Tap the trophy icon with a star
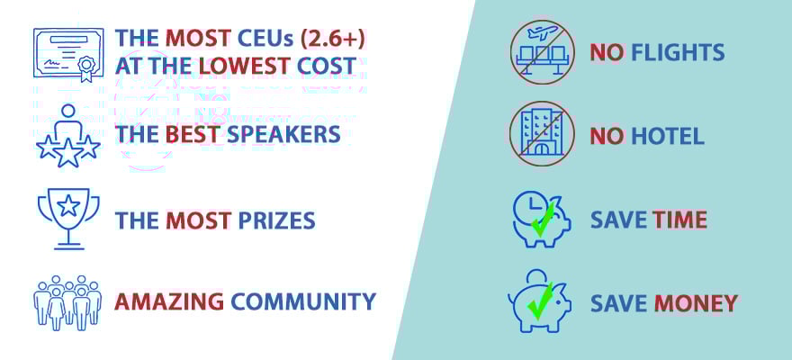click(x=68, y=218)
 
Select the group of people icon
click(x=67, y=302)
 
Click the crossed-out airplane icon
click(x=543, y=52)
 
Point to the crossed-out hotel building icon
click(x=543, y=134)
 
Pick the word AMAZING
click(x=169, y=301)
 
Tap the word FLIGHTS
click(x=678, y=52)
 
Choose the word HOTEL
click(x=668, y=136)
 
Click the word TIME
click(x=679, y=220)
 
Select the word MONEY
click(x=696, y=303)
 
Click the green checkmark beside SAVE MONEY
click(x=539, y=301)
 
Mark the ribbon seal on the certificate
click(x=86, y=68)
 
